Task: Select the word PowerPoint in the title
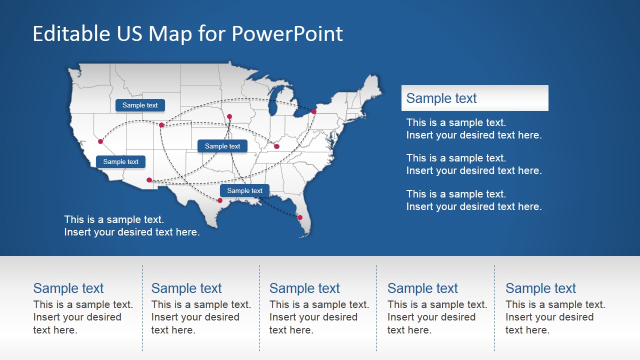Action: tap(287, 34)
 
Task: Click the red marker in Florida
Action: tap(300, 217)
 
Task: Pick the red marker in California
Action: tap(100, 141)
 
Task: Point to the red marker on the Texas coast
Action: tap(220, 200)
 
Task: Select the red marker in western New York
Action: tap(313, 111)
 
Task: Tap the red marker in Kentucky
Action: tap(276, 146)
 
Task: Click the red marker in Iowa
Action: tap(229, 116)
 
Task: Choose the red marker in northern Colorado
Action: tap(161, 125)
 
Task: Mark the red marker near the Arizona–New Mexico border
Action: tap(149, 180)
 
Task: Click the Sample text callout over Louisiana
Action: tap(244, 190)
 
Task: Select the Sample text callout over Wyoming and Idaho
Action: tap(140, 105)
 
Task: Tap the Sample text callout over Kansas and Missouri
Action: tap(222, 146)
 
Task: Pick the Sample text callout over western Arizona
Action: tap(120, 161)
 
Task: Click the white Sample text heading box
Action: tap(474, 98)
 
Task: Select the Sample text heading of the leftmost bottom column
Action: tap(68, 288)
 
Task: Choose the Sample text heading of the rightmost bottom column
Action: tap(540, 288)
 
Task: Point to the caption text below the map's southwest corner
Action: tap(131, 225)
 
